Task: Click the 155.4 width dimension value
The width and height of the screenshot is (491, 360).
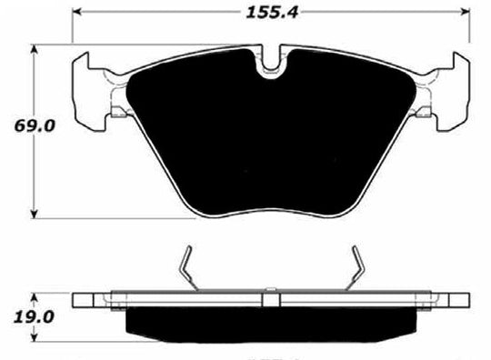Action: pos(272,12)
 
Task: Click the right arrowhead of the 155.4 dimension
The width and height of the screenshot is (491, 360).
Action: pos(468,14)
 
